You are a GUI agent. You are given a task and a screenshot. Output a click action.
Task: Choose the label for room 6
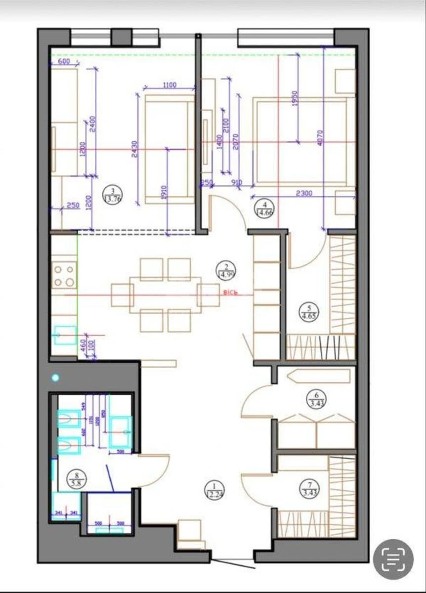pos(314,398)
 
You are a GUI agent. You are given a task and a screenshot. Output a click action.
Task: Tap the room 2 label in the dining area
pos(224,270)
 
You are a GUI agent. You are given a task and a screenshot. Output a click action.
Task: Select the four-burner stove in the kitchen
pos(65,276)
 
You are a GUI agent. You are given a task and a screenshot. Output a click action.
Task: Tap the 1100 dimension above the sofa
pos(169,85)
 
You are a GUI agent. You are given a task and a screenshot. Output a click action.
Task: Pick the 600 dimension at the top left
pos(65,62)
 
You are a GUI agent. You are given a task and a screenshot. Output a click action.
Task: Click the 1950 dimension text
pos(295,99)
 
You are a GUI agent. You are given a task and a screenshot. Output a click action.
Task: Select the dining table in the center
pos(165,295)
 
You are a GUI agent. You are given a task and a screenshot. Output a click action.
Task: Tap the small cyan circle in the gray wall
pos(55,378)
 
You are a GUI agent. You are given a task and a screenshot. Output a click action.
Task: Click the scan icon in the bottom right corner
pos(393,558)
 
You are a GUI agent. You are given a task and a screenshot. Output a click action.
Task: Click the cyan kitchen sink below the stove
pos(65,335)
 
